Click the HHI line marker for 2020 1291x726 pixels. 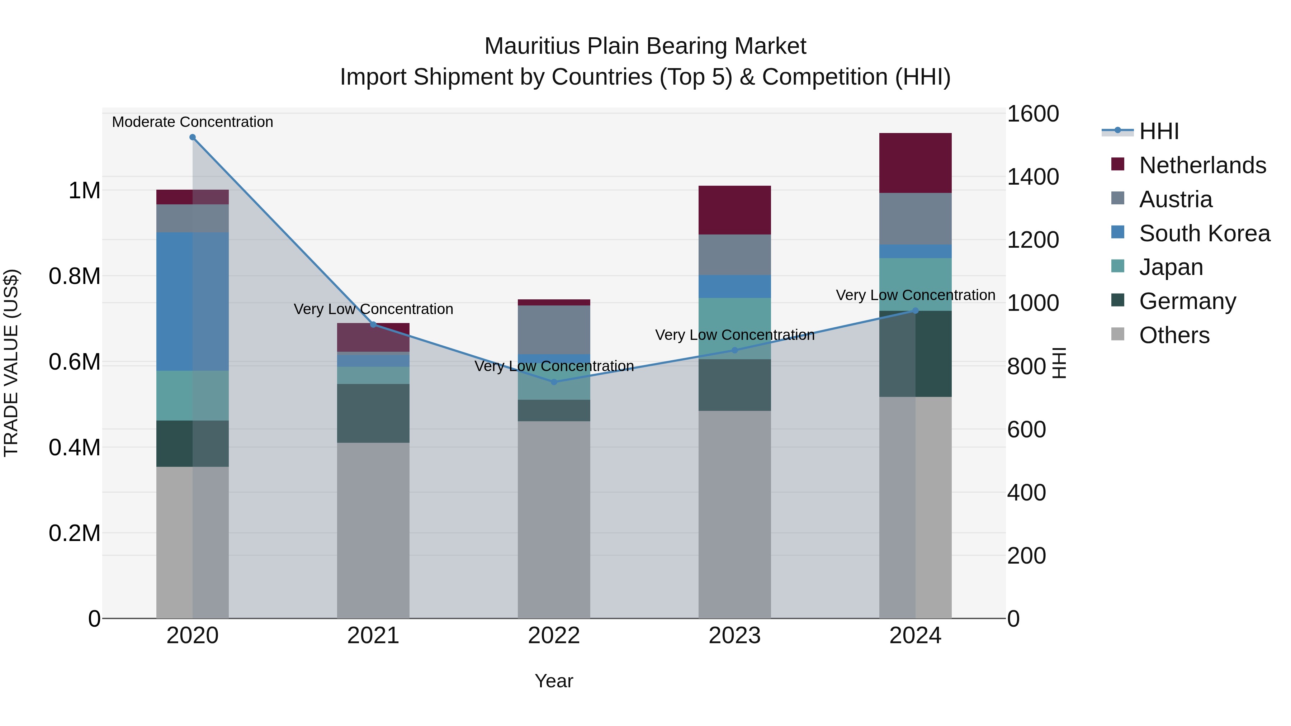(193, 137)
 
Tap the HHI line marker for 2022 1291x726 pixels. (554, 382)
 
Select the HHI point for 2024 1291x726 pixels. (915, 310)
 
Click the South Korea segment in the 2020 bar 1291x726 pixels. (193, 301)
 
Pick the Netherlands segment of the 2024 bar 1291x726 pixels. (915, 163)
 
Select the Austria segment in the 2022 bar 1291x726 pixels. (554, 330)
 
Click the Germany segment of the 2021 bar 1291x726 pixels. (373, 413)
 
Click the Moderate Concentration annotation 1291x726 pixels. (193, 122)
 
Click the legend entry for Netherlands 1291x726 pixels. (1202, 165)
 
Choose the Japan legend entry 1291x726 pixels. (1171, 267)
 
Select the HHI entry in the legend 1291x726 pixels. (1159, 131)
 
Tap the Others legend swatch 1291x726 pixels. (1117, 334)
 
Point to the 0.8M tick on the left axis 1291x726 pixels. (75, 276)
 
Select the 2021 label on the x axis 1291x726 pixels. (373, 636)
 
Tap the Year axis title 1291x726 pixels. (554, 681)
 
